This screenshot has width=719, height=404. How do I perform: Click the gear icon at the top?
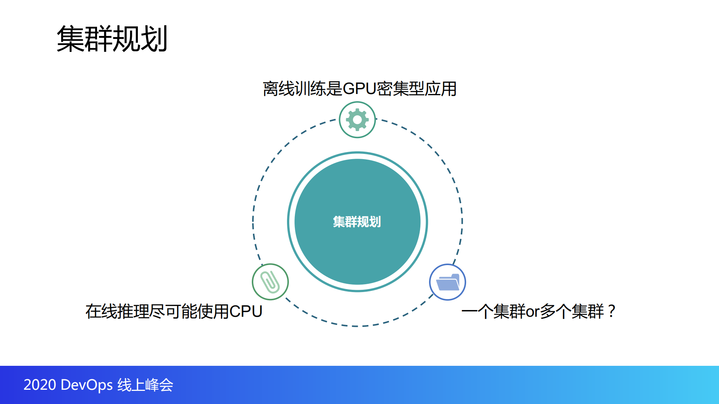tap(357, 120)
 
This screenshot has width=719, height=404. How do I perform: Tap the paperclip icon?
tap(270, 282)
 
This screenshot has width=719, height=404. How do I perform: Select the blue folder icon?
tap(447, 282)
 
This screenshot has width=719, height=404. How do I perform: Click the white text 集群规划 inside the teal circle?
tap(357, 222)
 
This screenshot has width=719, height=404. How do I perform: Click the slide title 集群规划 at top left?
tap(112, 39)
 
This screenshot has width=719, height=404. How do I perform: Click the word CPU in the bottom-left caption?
tap(245, 312)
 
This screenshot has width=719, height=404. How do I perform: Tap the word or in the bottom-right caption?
tap(532, 312)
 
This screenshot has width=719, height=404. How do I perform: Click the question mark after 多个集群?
tap(611, 311)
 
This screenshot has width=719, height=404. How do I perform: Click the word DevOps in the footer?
tap(87, 385)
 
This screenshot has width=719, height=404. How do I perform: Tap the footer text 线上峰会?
tap(145, 385)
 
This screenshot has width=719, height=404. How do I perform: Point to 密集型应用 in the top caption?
tap(416, 89)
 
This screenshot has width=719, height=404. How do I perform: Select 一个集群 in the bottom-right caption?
tap(493, 312)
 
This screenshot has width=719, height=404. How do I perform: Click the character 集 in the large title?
tap(70, 39)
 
